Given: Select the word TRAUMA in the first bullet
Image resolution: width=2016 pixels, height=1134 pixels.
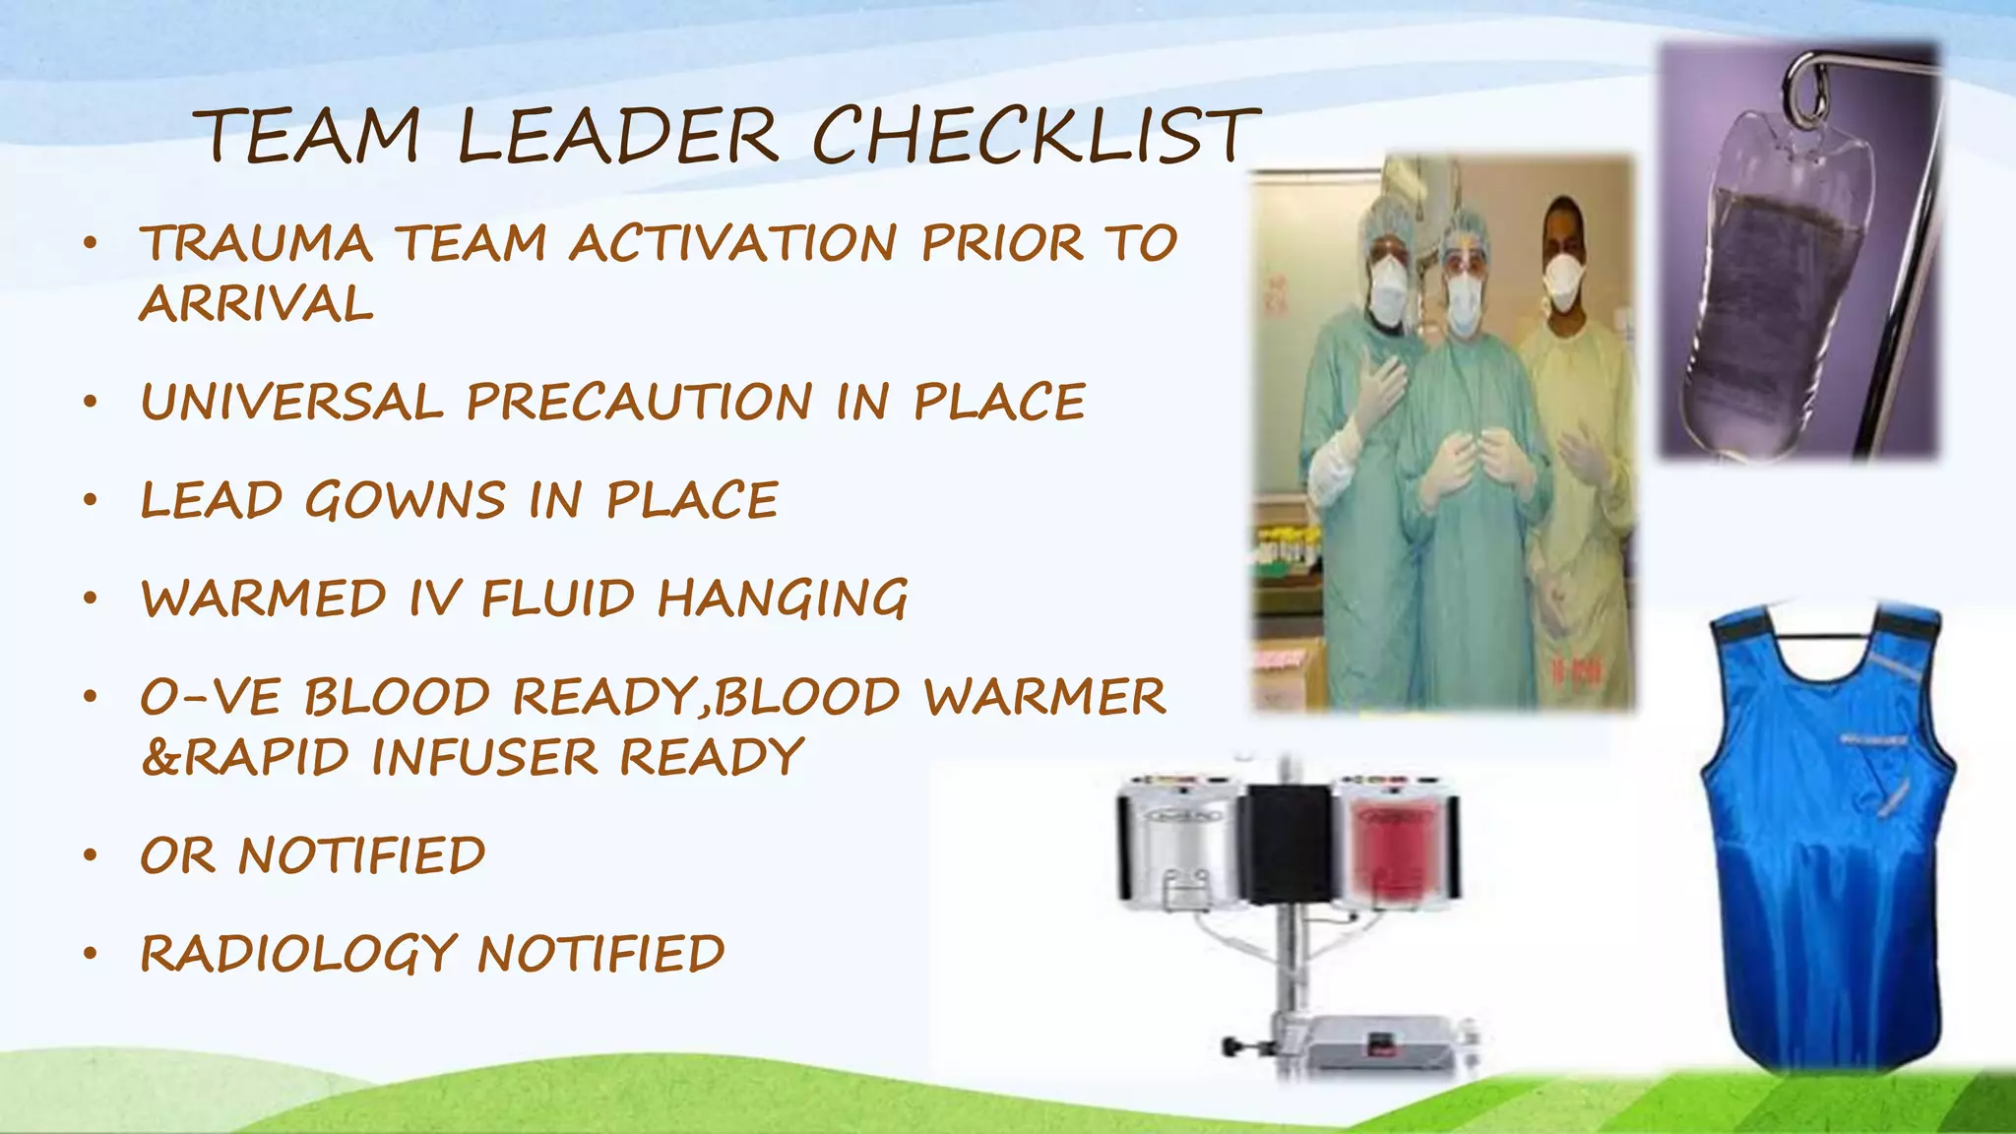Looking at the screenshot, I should tap(256, 243).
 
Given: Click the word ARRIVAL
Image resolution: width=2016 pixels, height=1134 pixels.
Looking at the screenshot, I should tap(256, 303).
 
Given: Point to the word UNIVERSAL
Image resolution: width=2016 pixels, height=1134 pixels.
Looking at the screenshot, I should tap(292, 402).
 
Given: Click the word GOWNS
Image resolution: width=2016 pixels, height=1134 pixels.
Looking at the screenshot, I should tap(405, 500).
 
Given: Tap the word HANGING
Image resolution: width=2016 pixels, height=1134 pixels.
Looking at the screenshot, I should tap(782, 598).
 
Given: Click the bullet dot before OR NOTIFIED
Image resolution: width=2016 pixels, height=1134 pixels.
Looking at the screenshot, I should tap(91, 855).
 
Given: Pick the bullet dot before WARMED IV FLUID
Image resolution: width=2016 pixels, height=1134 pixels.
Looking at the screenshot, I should tap(91, 598).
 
